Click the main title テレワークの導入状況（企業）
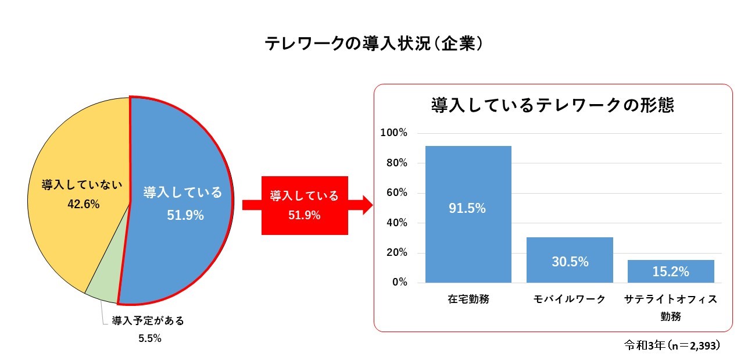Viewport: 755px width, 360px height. [x=374, y=44]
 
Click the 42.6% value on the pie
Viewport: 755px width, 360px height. [x=84, y=204]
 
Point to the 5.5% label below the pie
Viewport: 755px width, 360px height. [x=149, y=338]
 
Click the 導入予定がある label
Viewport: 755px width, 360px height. [x=148, y=320]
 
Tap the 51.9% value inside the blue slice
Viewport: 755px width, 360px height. [x=185, y=215]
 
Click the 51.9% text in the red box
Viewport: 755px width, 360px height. [x=305, y=215]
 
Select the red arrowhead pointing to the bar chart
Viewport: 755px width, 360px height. [x=367, y=205]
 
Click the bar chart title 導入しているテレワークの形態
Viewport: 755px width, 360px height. [x=553, y=105]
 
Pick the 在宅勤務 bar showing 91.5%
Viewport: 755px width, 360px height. [x=468, y=214]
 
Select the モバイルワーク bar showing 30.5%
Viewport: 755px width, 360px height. [x=570, y=260]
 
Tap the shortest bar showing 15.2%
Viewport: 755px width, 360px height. [x=671, y=271]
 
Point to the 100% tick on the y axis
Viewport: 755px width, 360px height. [x=393, y=133]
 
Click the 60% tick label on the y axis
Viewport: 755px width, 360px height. [x=397, y=193]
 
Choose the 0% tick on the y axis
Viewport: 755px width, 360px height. [x=400, y=282]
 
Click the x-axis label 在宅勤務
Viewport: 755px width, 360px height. [x=468, y=299]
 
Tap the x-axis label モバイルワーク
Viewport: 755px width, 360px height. [x=570, y=299]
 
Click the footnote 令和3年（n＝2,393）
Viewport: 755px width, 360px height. [x=672, y=345]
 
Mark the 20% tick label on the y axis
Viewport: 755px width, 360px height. [x=397, y=252]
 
